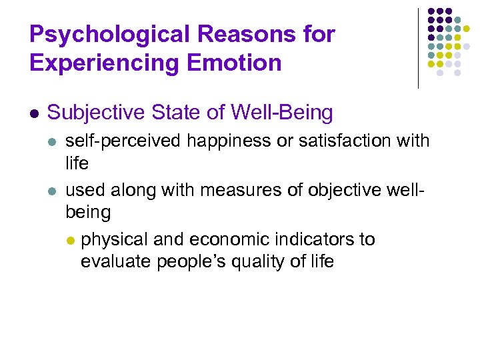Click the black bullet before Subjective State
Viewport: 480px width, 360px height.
[35, 113]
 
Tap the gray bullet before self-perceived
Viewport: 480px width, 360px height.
[53, 142]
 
